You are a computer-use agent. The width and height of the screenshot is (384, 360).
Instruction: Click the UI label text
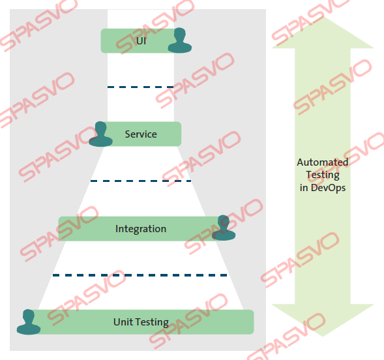point(141,41)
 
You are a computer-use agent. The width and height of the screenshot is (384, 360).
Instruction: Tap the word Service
point(141,134)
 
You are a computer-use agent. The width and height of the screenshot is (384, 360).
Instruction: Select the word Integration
point(141,229)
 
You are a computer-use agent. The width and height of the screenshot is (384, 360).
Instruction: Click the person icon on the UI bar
point(180,40)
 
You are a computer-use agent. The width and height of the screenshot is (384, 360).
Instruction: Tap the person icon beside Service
point(100,134)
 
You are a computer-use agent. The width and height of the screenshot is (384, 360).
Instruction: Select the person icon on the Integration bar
point(224,228)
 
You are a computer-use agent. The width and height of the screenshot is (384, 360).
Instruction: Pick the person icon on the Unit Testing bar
point(29,322)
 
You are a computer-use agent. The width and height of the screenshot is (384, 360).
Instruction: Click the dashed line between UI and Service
point(141,87)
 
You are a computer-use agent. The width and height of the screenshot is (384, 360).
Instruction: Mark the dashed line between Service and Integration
point(141,181)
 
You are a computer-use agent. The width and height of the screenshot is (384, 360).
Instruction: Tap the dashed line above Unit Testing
point(140,275)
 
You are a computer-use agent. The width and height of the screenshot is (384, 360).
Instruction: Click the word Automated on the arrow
point(323,162)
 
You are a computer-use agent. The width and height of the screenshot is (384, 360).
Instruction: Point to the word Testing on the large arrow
point(323,175)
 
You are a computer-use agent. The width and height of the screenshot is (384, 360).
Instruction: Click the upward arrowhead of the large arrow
point(323,33)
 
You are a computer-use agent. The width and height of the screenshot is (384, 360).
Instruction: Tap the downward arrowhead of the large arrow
point(323,320)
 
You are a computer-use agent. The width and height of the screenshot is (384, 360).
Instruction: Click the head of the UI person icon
point(180,34)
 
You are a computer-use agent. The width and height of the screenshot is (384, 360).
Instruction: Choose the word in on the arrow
point(304,188)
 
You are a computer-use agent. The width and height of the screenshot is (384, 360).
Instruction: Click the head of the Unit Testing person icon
point(29,316)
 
